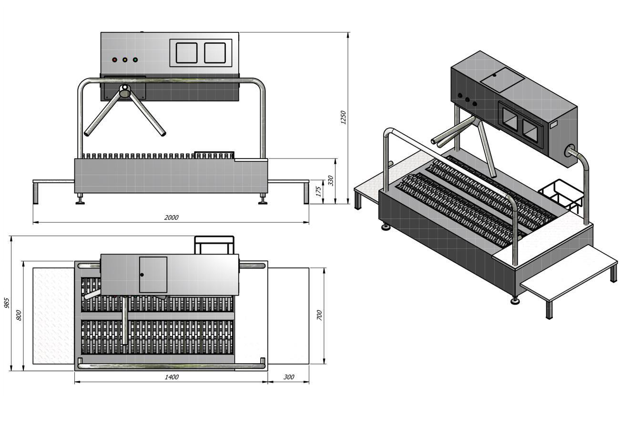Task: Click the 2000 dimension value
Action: (171, 217)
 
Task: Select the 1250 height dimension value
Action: (343, 117)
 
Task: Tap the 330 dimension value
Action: (331, 180)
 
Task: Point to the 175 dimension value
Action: (318, 191)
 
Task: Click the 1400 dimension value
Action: (172, 377)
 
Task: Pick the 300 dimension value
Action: (289, 377)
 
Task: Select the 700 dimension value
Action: (319, 315)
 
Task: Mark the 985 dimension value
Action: (7, 303)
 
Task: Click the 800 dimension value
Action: (19, 315)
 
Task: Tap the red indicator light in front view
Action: (115, 59)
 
